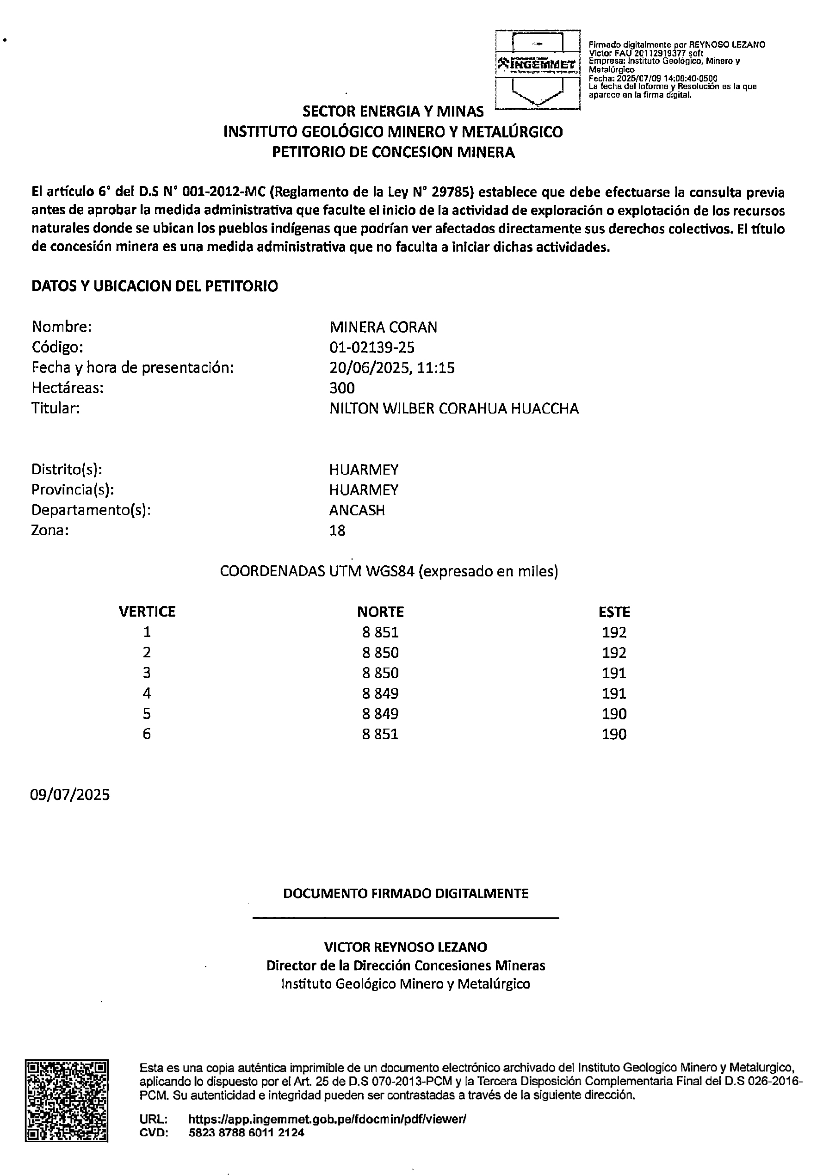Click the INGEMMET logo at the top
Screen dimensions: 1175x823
click(538, 65)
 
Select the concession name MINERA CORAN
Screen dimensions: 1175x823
click(384, 327)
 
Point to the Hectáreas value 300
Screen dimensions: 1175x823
click(342, 388)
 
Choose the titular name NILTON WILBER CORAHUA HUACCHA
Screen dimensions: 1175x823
click(454, 408)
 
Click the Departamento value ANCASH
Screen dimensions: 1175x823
click(357, 510)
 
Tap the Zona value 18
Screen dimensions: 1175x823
click(337, 530)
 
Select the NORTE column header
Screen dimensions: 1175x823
click(380, 612)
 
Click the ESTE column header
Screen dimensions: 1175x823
click(614, 612)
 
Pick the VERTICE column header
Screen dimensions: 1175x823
click(147, 612)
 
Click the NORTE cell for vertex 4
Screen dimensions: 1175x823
click(380, 693)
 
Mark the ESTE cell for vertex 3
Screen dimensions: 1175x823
click(614, 673)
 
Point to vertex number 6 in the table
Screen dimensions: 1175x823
click(147, 735)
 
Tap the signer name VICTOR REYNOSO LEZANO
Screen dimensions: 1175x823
click(405, 947)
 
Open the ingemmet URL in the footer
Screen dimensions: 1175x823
click(328, 1119)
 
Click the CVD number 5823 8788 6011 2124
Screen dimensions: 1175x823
click(247, 1132)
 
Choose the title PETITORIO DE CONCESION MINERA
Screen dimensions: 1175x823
click(393, 152)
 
